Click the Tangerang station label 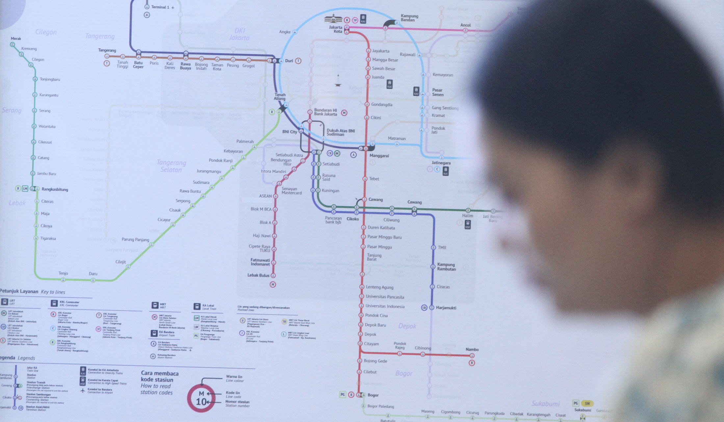[107, 50]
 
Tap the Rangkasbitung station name [55, 189]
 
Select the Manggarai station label [379, 156]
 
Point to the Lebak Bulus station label [258, 275]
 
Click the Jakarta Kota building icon [333, 19]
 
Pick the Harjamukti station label [446, 308]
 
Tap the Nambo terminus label [472, 350]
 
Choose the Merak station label [16, 38]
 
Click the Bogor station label [373, 395]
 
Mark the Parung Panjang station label [135, 239]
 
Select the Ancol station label [465, 25]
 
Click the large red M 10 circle [201, 398]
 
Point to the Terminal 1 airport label [160, 7]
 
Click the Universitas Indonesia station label [385, 306]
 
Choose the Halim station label [467, 216]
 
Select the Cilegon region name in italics [46, 32]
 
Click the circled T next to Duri [298, 61]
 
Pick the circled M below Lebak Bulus [272, 285]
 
